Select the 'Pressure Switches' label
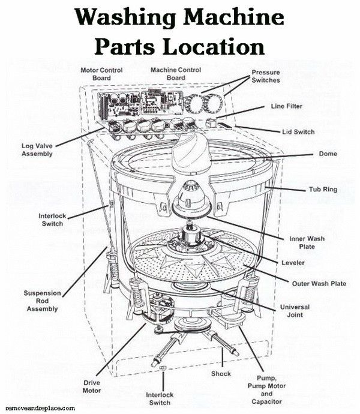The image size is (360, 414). [x=266, y=76]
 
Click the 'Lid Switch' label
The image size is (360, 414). [x=298, y=131]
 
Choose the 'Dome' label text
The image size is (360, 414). [x=328, y=154]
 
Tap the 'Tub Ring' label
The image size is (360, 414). [x=323, y=190]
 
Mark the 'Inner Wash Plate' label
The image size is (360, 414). [x=307, y=242]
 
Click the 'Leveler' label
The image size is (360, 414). [x=293, y=263]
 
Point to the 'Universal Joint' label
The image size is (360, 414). [x=295, y=310]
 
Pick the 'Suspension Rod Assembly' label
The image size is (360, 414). [x=41, y=301]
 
